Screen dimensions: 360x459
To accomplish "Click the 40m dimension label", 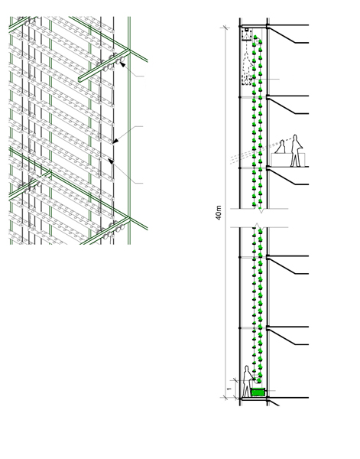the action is [219, 213].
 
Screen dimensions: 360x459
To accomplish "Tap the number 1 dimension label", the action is [229, 389].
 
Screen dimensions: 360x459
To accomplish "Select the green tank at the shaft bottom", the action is [258, 392].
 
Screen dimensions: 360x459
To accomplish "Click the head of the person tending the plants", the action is [247, 368].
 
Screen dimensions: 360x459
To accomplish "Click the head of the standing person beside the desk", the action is [295, 137].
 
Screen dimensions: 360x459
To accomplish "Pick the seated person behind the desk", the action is [281, 147].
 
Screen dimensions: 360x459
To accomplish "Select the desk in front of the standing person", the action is [288, 160].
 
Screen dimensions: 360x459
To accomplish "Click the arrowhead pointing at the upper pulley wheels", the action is [122, 64].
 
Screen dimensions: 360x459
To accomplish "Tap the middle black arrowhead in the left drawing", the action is [115, 141].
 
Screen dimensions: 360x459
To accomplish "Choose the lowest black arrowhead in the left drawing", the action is [111, 161].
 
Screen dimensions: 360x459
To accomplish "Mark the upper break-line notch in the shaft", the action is [261, 210].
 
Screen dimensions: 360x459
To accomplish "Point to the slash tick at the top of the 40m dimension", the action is [225, 28].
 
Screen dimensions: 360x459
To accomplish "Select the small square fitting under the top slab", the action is [247, 30].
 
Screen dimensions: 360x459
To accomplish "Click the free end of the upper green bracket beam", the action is [79, 80].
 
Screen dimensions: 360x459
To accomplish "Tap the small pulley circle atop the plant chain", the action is [259, 41].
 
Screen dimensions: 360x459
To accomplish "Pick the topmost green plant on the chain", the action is [255, 37].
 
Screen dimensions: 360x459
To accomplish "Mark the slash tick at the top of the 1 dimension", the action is [235, 380].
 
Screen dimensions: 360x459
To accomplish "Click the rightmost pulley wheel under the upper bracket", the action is [122, 60].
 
